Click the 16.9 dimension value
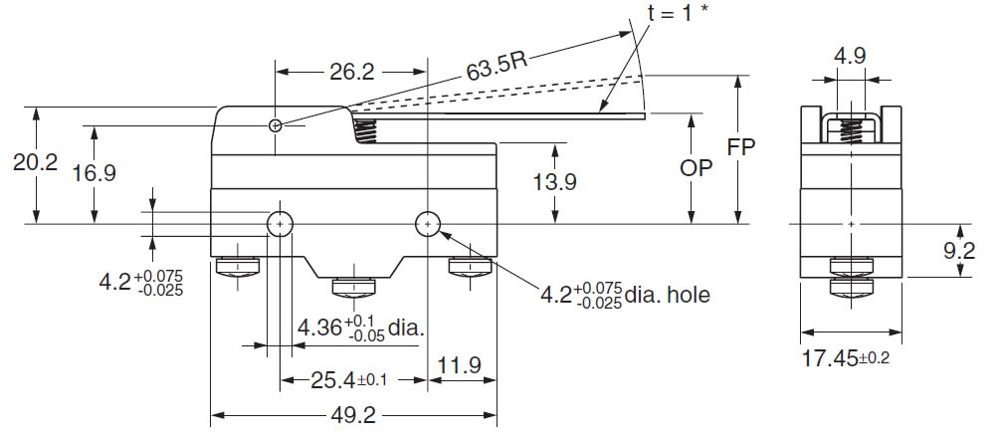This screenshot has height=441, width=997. [x=95, y=173]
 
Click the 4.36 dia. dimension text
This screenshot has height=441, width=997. [x=360, y=327]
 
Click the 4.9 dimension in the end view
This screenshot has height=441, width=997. [x=850, y=57]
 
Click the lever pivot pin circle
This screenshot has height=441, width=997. [x=277, y=125]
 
